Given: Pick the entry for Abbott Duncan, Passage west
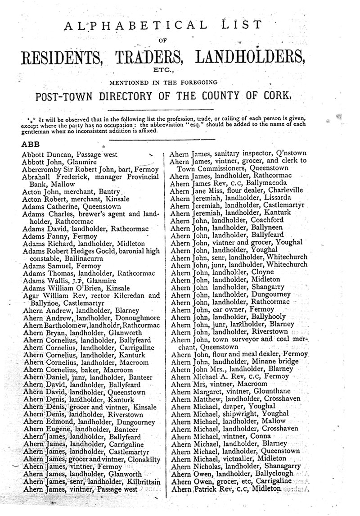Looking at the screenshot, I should tap(70, 154).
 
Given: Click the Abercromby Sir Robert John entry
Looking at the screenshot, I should tap(90, 169).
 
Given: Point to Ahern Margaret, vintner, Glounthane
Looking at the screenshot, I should tap(231, 391).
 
